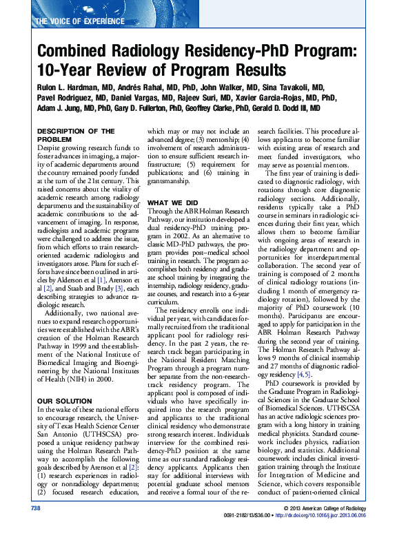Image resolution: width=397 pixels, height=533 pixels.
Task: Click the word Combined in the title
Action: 73,52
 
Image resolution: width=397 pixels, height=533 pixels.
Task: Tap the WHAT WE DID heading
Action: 174,184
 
